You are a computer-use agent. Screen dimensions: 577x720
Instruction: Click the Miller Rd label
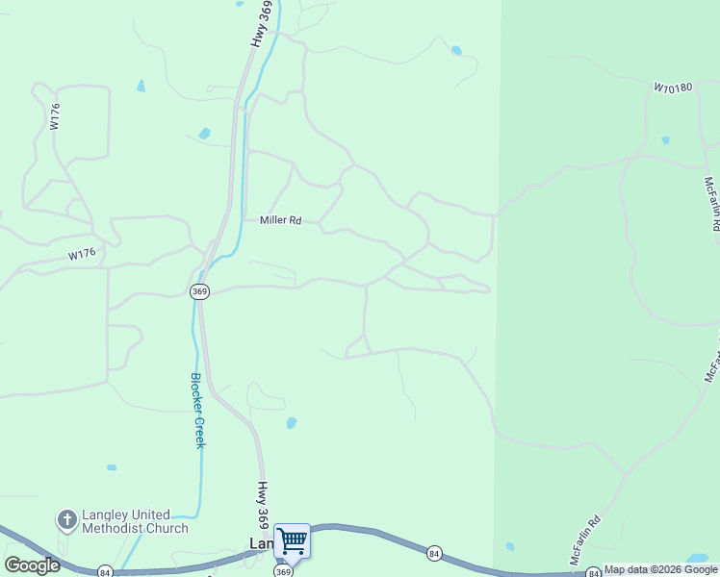tap(281, 220)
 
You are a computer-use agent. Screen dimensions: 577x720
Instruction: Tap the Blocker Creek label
tap(197, 411)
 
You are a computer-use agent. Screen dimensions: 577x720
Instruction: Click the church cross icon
tap(66, 521)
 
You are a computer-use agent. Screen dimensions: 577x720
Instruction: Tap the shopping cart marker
tap(292, 541)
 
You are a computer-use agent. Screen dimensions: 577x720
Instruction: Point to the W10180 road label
tap(673, 88)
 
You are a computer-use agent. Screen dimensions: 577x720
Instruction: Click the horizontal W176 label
tap(82, 255)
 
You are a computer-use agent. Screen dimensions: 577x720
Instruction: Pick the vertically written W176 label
tap(56, 117)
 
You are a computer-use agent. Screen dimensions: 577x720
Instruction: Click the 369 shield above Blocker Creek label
tap(199, 292)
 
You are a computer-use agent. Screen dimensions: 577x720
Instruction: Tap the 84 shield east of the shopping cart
tap(434, 553)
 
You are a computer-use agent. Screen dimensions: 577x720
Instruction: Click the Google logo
tap(32, 565)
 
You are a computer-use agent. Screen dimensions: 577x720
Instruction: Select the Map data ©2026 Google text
tap(660, 570)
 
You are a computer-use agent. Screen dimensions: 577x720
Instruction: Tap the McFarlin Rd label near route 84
tap(584, 540)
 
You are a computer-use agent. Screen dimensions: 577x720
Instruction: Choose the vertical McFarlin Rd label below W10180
tap(711, 203)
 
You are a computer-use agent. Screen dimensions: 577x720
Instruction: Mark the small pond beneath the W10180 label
tap(665, 139)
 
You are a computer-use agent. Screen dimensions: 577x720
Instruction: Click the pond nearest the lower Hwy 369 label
tap(291, 422)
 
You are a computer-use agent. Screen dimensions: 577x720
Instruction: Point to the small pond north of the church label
tap(112, 467)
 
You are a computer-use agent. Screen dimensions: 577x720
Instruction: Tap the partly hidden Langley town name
tap(261, 543)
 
